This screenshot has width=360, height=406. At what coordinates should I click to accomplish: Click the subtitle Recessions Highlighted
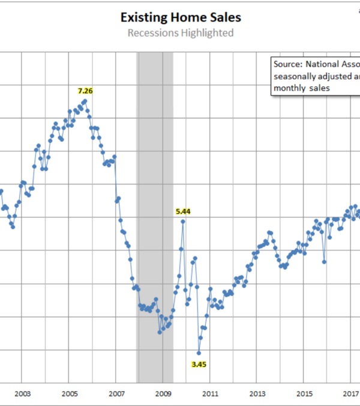click(x=180, y=33)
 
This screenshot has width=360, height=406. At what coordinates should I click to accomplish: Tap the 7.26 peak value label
click(x=86, y=91)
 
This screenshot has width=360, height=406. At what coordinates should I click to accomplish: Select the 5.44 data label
click(x=183, y=211)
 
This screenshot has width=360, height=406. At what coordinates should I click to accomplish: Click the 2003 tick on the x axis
click(x=22, y=393)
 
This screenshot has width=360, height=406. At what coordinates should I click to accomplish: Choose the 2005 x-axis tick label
click(x=69, y=393)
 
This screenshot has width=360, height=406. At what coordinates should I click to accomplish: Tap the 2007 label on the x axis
click(x=116, y=393)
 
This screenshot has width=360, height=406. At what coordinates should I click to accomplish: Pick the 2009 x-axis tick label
click(x=163, y=393)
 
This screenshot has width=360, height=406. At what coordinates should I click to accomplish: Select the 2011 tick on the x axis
click(x=210, y=393)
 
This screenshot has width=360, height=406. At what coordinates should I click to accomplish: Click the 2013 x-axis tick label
click(x=257, y=393)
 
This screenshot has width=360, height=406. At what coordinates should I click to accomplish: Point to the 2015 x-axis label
click(x=304, y=393)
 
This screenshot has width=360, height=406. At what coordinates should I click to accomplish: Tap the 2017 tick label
click(x=350, y=393)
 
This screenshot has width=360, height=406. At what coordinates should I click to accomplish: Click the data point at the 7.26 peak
click(x=85, y=100)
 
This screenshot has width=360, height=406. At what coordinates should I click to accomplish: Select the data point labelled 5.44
click(x=183, y=221)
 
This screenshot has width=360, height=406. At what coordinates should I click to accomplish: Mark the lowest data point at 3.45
click(x=199, y=353)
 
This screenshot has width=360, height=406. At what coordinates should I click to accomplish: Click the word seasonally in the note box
click(x=296, y=76)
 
